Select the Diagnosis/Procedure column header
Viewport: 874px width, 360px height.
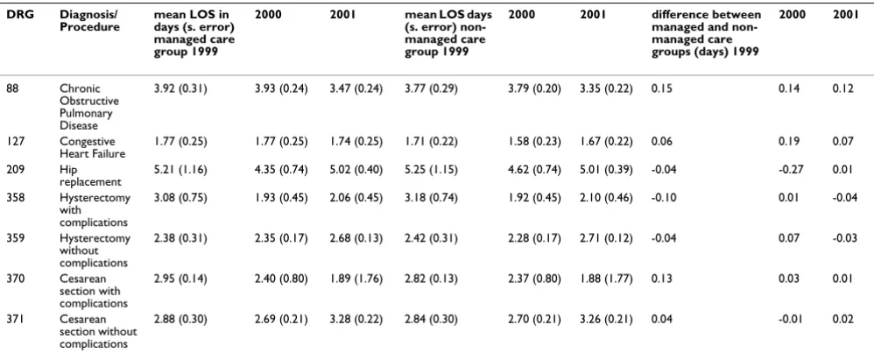click(x=89, y=21)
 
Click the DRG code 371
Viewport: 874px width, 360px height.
click(x=13, y=320)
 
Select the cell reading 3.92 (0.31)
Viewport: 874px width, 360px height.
click(x=180, y=89)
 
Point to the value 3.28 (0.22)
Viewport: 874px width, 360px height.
click(x=356, y=320)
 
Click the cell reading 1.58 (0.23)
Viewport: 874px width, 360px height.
click(x=534, y=142)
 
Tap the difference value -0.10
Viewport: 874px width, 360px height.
click(x=662, y=198)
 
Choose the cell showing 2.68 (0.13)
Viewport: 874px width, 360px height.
click(x=356, y=238)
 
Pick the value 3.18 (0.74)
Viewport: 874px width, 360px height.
click(x=431, y=198)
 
